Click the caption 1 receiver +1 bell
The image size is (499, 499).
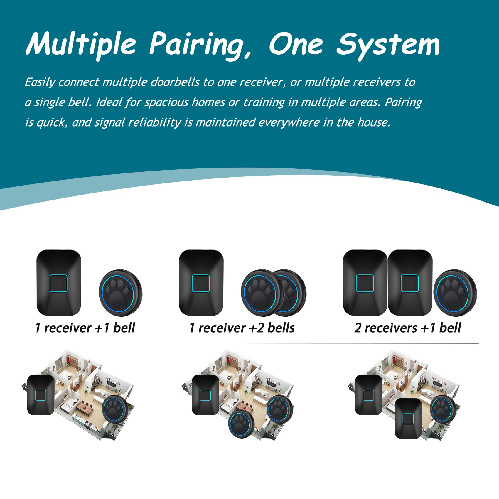[x=85, y=328]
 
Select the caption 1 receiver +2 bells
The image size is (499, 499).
[x=242, y=328]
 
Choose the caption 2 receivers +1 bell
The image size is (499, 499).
[x=408, y=328]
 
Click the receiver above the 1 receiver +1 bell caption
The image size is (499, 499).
[x=59, y=283]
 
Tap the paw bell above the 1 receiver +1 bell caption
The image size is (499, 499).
[x=120, y=293]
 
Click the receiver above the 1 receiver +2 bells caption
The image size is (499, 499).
[x=201, y=283]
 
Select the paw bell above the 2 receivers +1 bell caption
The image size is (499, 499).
[x=455, y=293]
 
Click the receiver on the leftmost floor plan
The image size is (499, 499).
[x=41, y=395]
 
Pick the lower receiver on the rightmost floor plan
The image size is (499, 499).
[x=408, y=419]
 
